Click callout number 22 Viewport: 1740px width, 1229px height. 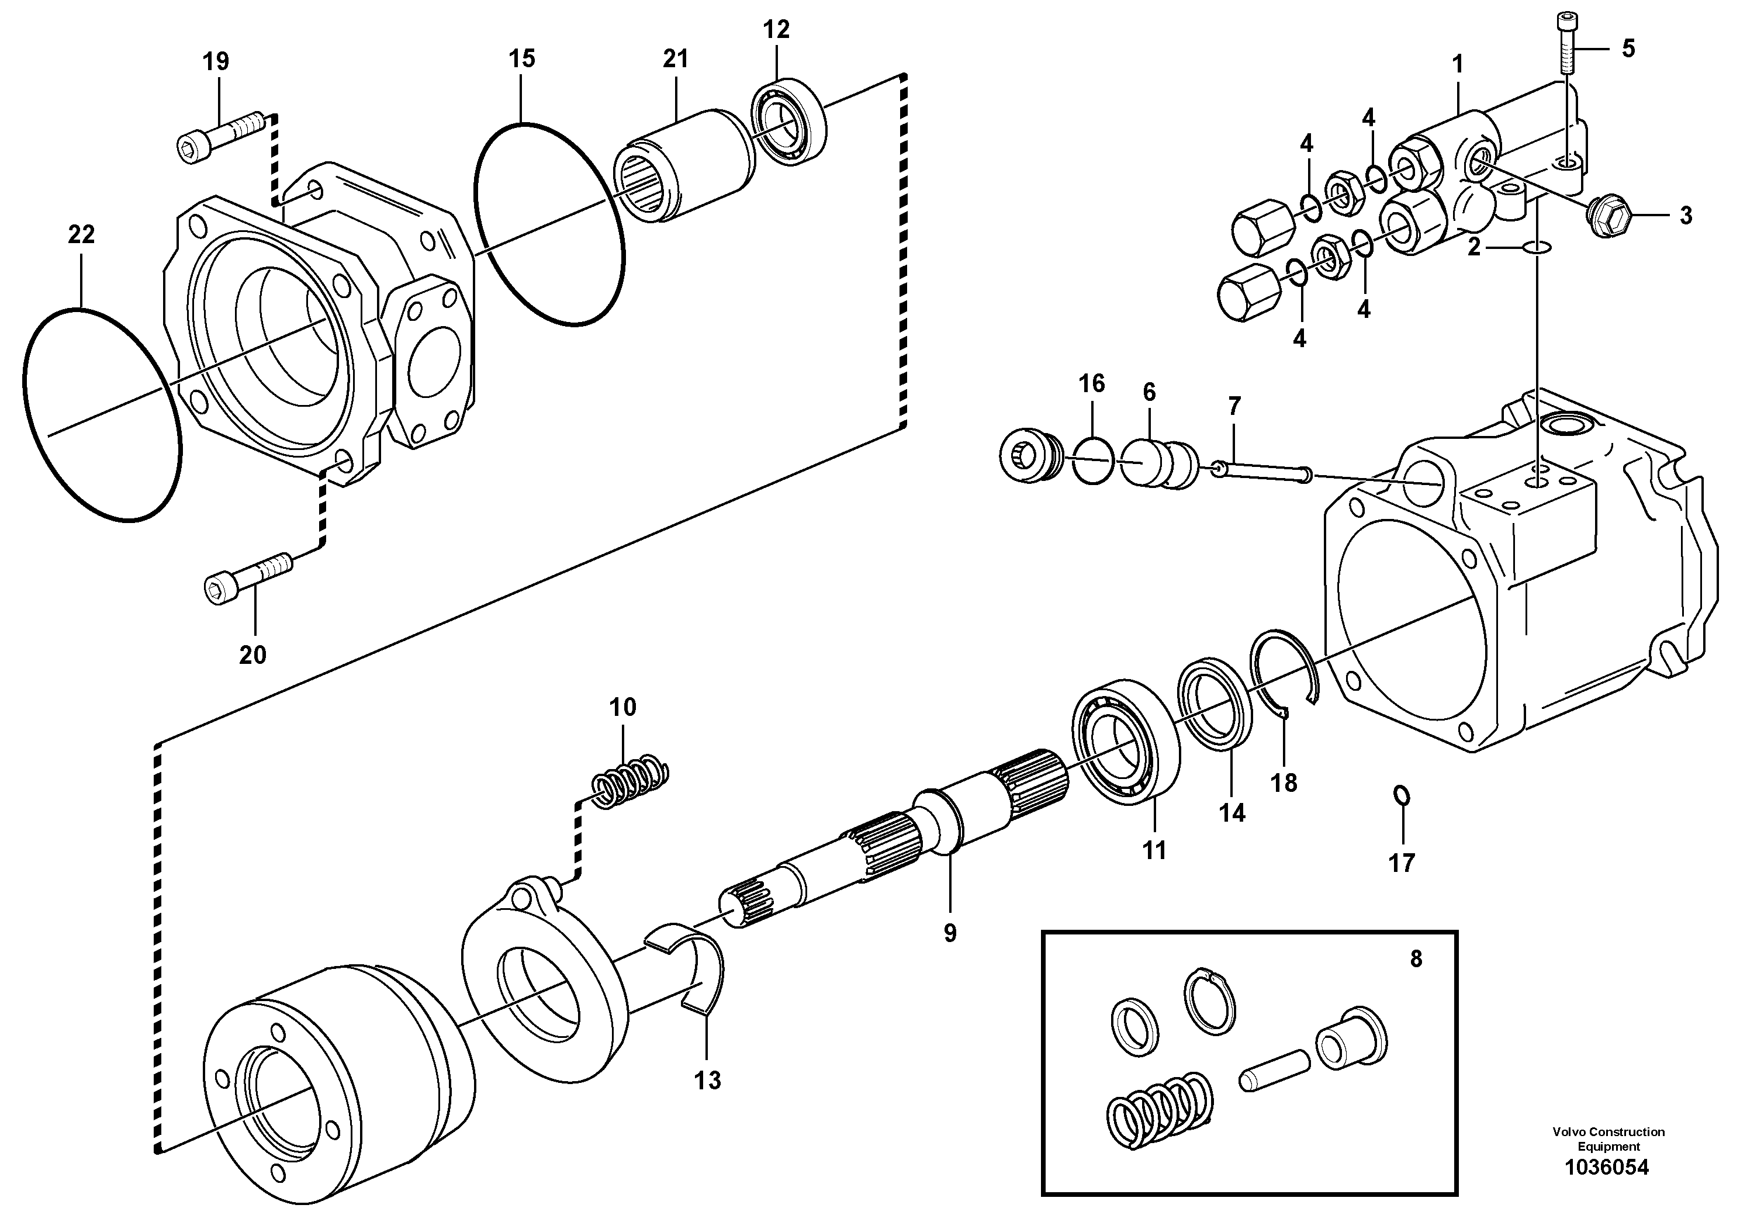tap(81, 235)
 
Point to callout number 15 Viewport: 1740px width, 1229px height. tap(521, 58)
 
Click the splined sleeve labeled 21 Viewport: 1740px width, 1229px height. tap(683, 164)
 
